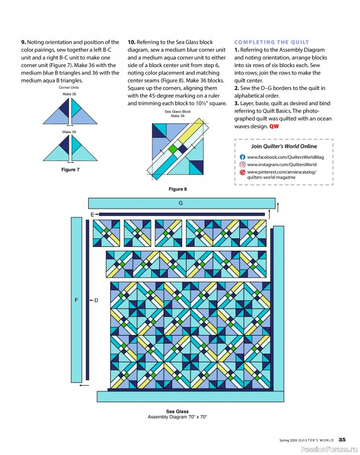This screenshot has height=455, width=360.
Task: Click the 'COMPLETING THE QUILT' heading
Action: [272, 43]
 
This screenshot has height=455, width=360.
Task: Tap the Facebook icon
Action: [242, 156]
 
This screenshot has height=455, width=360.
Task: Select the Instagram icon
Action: [242, 164]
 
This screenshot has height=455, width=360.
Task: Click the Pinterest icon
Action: [242, 172]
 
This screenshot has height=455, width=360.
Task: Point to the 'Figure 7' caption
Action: [71, 170]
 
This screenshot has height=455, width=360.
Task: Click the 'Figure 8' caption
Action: [177, 189]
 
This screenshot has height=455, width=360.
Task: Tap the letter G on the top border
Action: [180, 203]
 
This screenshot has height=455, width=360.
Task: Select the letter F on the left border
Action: [76, 300]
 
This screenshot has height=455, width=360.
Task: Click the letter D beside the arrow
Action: [96, 300]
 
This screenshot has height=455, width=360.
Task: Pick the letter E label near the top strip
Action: [92, 214]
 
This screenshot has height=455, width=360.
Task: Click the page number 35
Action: [342, 439]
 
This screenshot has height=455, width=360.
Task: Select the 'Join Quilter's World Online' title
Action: [284, 146]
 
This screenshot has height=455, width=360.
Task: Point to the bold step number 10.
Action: [131, 42]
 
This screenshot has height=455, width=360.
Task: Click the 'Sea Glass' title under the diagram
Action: [177, 411]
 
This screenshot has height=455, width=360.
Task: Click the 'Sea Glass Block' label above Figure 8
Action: [177, 112]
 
